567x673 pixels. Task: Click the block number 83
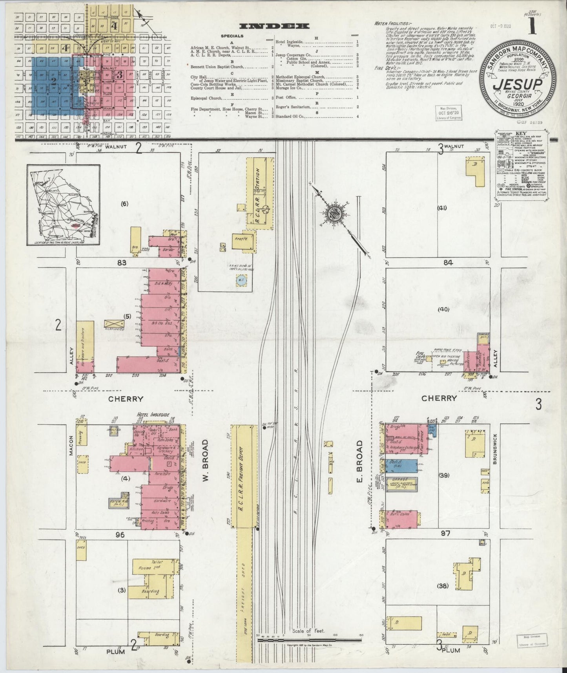[x=121, y=263]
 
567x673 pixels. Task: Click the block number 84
[x=448, y=263]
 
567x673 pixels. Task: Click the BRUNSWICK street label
[x=495, y=449]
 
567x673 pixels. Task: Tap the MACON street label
[x=71, y=446]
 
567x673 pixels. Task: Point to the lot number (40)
[x=444, y=309]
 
